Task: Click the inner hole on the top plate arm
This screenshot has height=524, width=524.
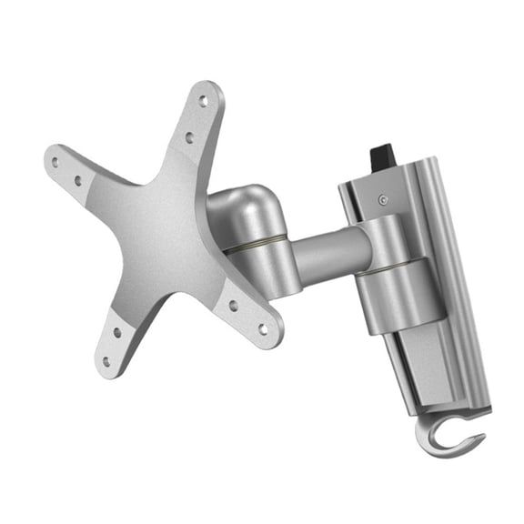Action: coord(190,137)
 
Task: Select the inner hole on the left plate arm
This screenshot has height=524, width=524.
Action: coord(78,181)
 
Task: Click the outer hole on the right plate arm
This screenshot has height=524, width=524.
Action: coord(262,327)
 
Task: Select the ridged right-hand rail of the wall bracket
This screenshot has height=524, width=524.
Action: coord(464,273)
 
